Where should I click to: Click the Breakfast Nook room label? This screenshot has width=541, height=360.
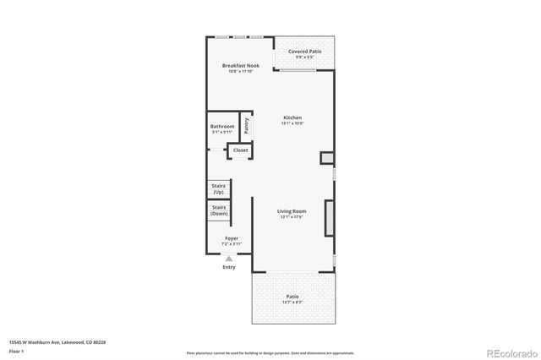241,66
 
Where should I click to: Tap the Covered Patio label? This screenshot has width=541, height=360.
304,52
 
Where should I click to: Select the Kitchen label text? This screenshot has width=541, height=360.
292,117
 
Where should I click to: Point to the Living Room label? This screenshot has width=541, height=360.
292,211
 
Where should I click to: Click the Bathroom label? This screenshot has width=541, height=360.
222,127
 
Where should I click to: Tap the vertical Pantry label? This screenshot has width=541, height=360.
247,125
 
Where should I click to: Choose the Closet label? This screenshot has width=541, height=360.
241,150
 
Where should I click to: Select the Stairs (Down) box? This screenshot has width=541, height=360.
219,210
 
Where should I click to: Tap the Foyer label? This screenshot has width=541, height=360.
230,238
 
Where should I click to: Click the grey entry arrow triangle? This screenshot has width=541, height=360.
229,258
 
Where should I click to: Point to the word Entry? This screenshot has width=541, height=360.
229,267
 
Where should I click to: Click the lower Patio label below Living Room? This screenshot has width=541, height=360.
292,297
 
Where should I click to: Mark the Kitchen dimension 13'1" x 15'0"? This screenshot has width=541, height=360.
292,123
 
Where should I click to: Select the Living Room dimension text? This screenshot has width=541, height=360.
292,217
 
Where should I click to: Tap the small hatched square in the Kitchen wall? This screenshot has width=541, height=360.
326,158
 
